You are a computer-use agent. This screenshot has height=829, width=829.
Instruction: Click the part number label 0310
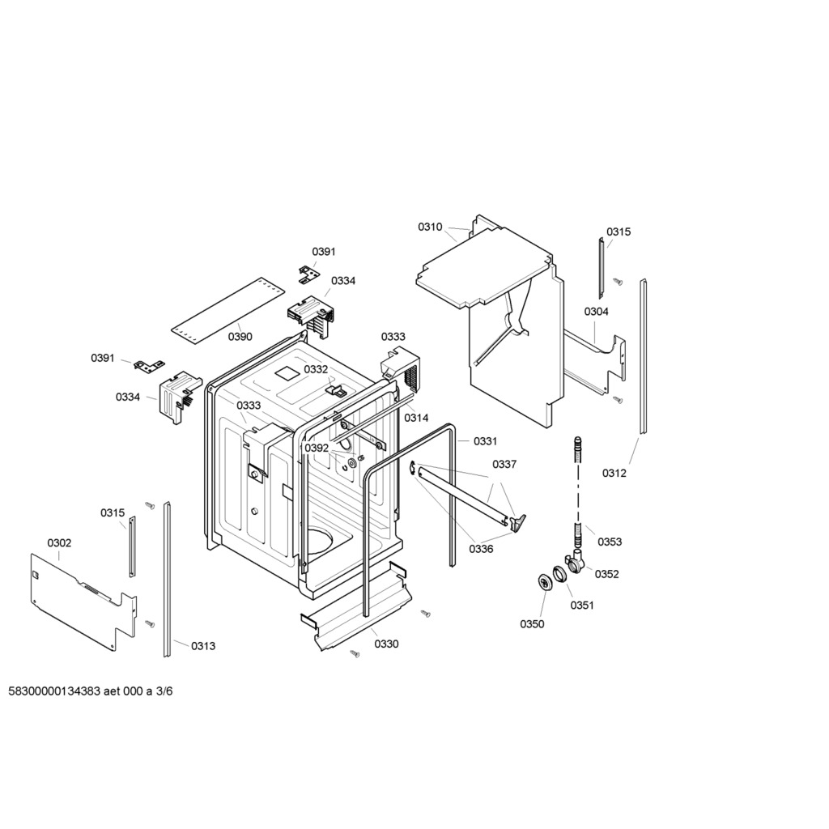(430, 227)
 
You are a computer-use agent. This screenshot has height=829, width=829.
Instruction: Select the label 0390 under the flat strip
(240, 337)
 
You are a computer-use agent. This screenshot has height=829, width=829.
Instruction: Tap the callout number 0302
(59, 543)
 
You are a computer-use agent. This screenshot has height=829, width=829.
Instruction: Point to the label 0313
(203, 645)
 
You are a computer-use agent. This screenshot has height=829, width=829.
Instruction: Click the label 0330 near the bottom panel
(386, 644)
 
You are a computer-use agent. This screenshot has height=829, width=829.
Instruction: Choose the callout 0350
(532, 624)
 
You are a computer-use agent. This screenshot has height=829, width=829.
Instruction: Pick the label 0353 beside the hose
(610, 542)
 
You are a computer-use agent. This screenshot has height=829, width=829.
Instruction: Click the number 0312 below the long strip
(614, 473)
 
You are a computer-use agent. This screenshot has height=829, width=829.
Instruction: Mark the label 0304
(597, 312)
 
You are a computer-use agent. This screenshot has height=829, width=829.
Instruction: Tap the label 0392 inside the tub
(317, 448)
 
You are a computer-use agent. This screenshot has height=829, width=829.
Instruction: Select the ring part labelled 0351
(559, 574)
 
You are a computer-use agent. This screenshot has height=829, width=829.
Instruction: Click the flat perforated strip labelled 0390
(227, 311)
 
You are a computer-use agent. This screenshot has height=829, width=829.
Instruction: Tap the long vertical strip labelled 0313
(167, 580)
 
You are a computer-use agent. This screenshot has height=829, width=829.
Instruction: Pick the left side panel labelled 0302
(83, 602)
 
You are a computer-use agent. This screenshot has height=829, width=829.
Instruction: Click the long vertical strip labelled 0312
(643, 357)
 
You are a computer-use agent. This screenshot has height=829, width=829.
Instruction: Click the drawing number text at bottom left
(91, 691)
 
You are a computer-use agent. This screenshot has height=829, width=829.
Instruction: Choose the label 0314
(416, 419)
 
